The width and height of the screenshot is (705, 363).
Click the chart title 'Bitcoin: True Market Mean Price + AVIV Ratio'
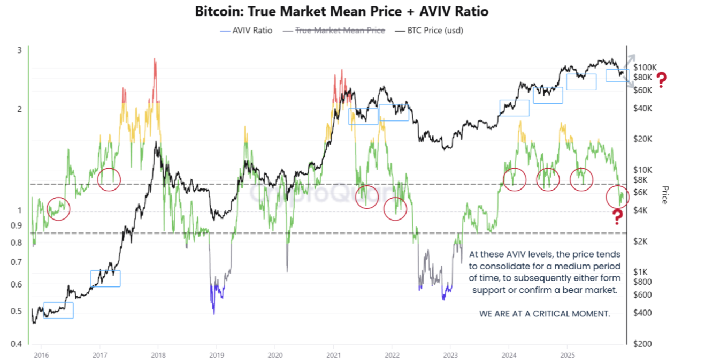(341, 11)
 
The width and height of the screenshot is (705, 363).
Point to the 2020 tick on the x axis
(274, 354)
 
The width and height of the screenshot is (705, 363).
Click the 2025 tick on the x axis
(568, 354)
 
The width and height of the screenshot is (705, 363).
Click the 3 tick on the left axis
(20, 50)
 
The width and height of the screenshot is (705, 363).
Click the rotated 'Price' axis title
(665, 195)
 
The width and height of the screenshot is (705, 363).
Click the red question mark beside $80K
(662, 80)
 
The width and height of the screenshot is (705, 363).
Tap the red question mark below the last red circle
(617, 217)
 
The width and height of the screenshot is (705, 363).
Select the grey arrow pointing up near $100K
(632, 58)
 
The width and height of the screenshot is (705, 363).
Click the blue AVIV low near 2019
(214, 305)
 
